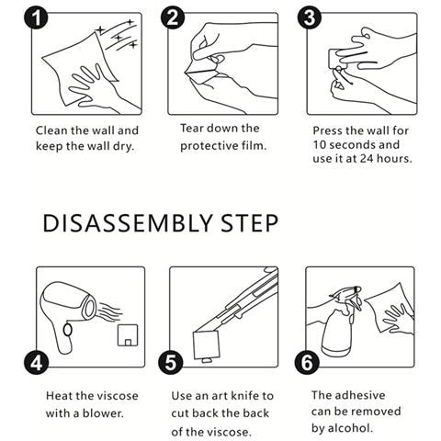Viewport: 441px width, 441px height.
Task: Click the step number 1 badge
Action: coord(36,17)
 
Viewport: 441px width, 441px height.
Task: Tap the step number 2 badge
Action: coord(173,17)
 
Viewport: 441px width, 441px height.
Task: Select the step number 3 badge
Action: coord(310,17)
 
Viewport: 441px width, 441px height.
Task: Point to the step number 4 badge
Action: coord(36,363)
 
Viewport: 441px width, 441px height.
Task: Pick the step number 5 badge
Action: coord(171,363)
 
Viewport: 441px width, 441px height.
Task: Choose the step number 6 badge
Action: coord(307,363)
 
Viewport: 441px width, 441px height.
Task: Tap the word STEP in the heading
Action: coord(249,223)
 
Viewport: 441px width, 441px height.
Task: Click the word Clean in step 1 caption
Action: coord(51,130)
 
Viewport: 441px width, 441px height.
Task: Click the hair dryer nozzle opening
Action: coord(90,308)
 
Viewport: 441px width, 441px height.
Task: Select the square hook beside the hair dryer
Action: coord(128,335)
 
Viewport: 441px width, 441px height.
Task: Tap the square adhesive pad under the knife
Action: coord(206,345)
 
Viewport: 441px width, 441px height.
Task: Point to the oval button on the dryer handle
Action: coord(68,330)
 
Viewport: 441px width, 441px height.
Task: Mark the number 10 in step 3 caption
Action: coord(319,145)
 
